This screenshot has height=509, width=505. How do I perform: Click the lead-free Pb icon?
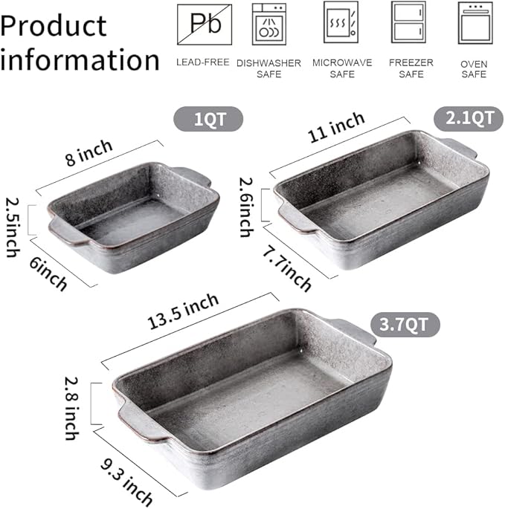click(204, 23)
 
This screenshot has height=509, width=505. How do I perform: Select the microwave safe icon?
click(341, 22)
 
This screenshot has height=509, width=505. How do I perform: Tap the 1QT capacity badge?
click(208, 119)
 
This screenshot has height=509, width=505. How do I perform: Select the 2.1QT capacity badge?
click(463, 117)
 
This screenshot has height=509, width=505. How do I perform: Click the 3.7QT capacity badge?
click(405, 324)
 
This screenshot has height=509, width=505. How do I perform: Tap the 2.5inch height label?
click(13, 227)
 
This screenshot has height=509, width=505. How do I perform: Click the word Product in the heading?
click(54, 25)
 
